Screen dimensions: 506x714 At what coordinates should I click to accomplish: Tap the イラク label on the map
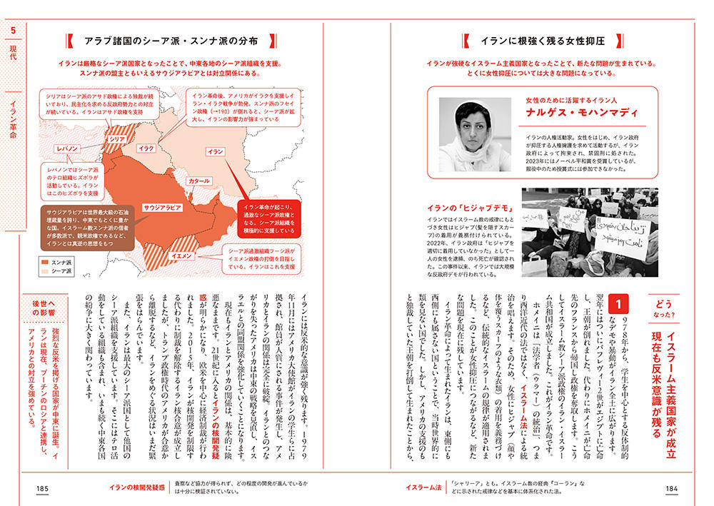[146, 148]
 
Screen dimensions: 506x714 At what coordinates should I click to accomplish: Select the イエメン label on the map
[183, 255]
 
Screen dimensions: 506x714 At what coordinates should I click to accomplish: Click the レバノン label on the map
[72, 148]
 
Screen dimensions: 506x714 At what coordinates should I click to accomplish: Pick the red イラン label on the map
[215, 152]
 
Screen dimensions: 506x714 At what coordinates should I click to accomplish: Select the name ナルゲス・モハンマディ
[572, 113]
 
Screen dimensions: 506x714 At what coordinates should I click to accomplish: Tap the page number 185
[42, 487]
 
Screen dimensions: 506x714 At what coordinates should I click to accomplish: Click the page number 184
[672, 487]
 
